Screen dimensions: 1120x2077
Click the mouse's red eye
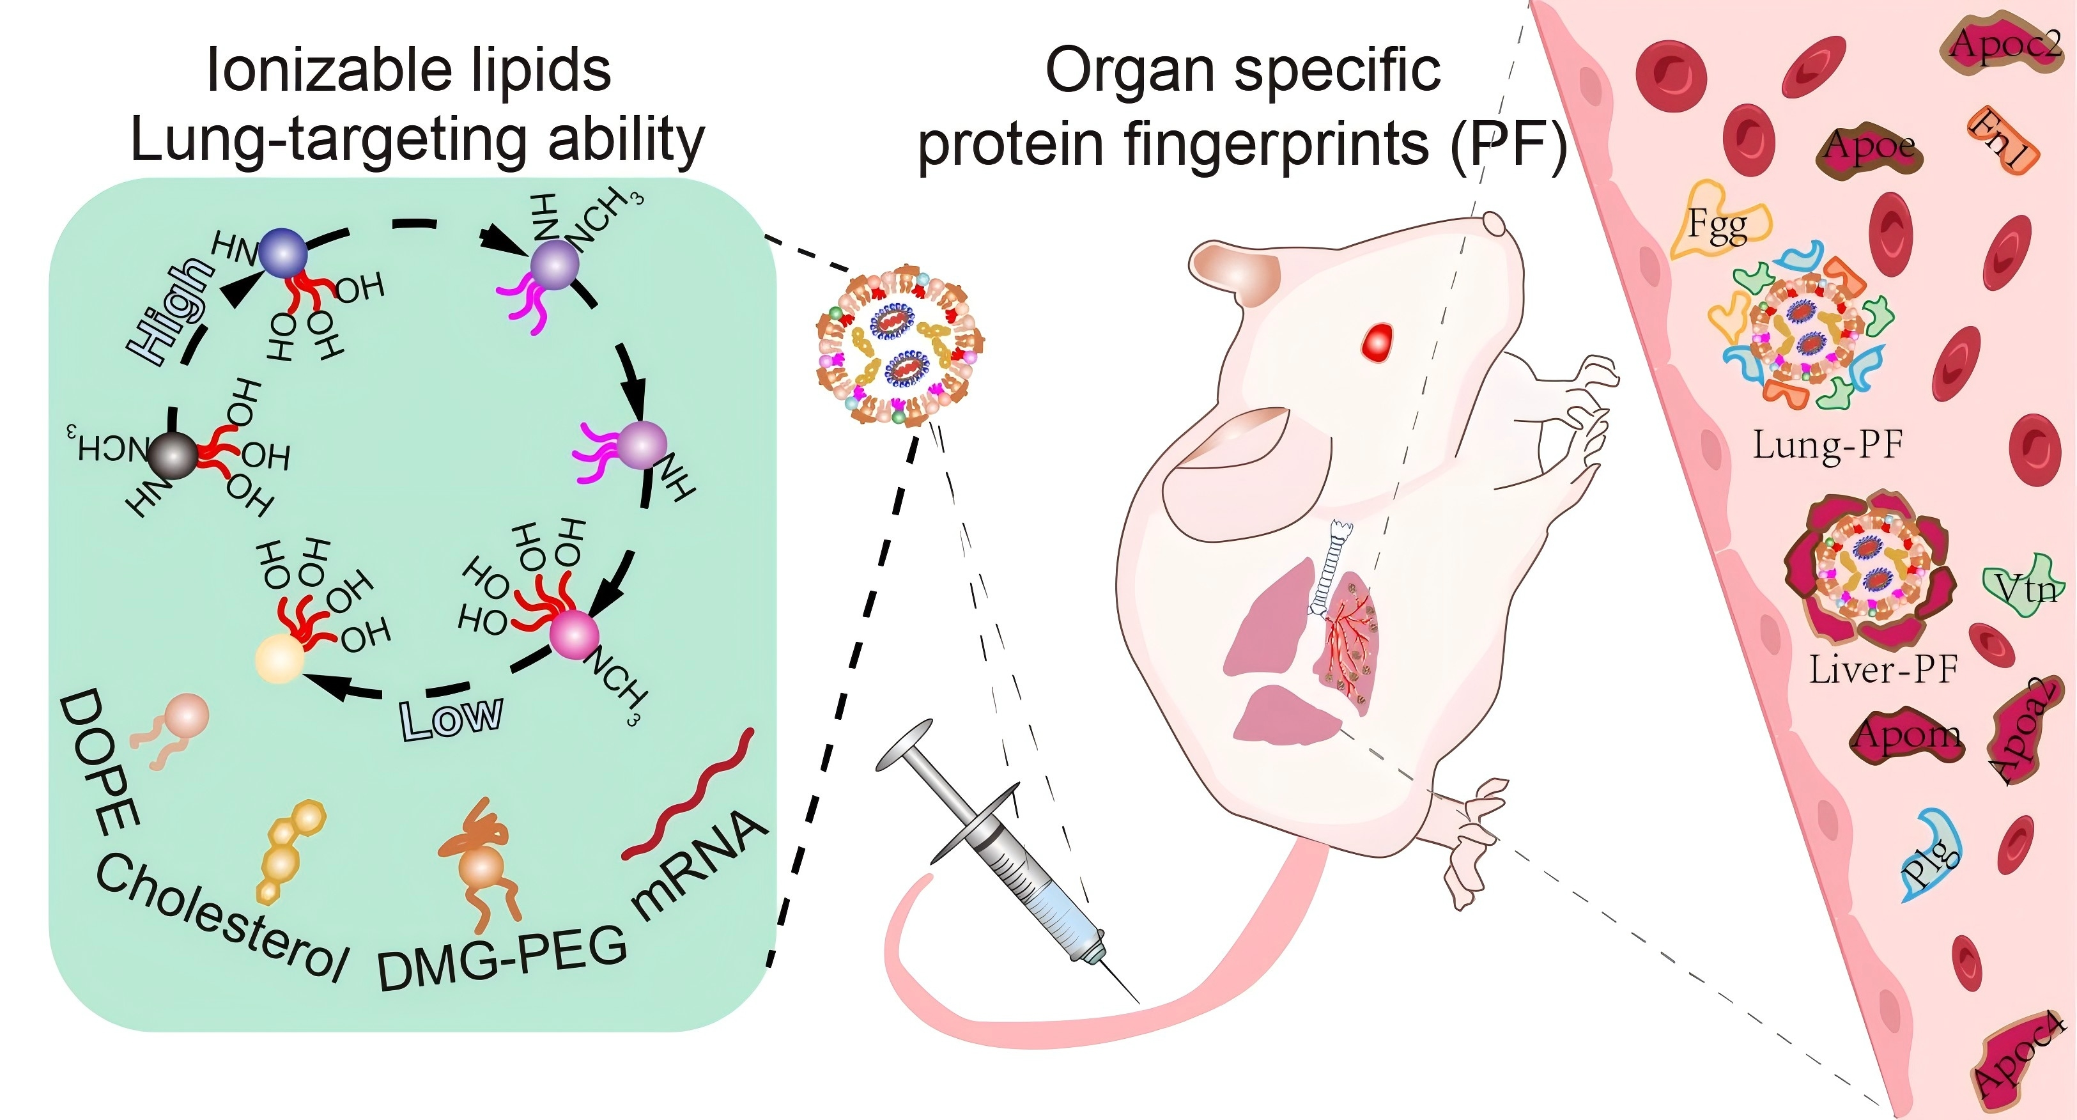(1377, 342)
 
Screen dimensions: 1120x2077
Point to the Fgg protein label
(1717, 226)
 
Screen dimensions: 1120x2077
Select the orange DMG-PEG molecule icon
(481, 863)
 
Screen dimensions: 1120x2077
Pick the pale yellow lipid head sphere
(279, 660)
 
